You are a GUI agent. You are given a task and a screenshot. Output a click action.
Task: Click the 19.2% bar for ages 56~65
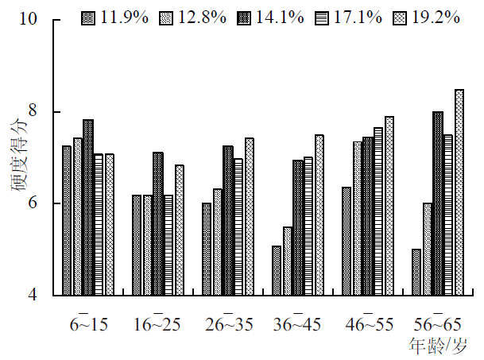coord(459,192)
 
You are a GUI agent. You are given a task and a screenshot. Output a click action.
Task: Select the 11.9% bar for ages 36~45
coord(277,270)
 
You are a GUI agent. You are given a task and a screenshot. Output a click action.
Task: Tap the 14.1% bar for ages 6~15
coord(88,207)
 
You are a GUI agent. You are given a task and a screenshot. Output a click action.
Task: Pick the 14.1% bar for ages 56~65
coord(438,203)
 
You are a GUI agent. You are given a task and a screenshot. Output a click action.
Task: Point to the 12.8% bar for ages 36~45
coord(288,261)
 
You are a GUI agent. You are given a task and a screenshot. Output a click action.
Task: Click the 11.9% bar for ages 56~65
coord(416,272)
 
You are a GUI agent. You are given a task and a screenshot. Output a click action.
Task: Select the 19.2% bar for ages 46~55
coord(389,206)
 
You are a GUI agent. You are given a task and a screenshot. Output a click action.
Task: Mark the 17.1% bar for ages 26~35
coord(238,227)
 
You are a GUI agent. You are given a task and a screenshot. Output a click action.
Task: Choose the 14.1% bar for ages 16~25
coord(158,224)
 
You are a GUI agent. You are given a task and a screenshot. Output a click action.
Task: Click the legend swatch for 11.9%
coord(88,18)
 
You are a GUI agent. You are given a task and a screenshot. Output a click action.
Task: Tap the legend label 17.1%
coord(358,17)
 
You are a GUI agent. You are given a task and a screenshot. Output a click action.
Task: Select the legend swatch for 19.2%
coord(400,18)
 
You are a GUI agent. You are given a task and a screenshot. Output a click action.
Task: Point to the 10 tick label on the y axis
coord(29,18)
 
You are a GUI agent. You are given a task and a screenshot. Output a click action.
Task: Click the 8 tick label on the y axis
coord(33,110)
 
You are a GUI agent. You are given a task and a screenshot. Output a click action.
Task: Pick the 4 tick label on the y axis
coord(33,294)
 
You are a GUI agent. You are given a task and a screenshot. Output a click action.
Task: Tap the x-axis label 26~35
coord(229,324)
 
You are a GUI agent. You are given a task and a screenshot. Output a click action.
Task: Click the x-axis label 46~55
coord(370,324)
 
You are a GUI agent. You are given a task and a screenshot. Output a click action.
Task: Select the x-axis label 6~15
coord(89,324)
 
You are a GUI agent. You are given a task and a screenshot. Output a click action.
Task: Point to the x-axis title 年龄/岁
coord(438,346)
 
